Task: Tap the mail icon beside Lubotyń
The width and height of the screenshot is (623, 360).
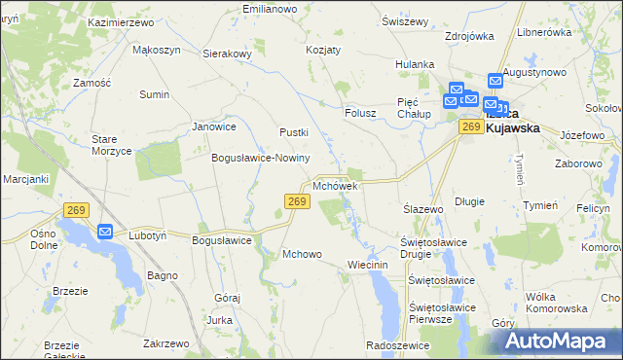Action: (x=105, y=232)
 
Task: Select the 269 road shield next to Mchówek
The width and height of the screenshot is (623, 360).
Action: (x=298, y=201)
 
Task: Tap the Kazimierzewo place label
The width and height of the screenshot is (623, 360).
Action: (x=122, y=21)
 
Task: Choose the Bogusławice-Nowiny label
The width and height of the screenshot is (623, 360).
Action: (x=260, y=158)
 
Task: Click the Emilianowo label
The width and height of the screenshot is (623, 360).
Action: (x=269, y=9)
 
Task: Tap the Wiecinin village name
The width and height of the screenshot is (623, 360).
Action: (x=367, y=265)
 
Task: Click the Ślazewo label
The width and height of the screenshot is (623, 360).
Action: (x=423, y=209)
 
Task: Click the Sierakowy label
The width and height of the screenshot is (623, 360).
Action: (x=228, y=54)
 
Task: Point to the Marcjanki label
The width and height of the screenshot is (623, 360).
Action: (x=25, y=179)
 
